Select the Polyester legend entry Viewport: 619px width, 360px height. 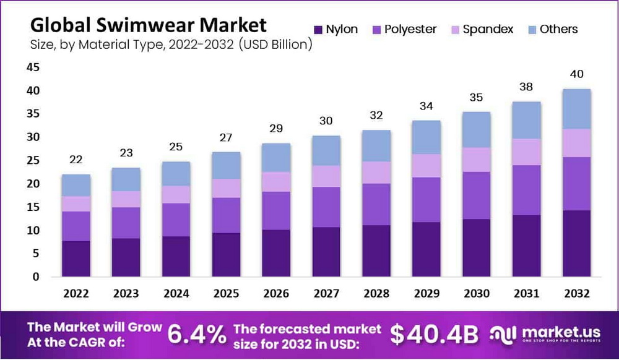405,29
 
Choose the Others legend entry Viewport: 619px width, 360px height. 550,29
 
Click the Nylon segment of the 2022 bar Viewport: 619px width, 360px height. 76,259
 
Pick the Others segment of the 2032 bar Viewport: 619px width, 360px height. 577,109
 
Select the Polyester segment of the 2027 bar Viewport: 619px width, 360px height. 326,207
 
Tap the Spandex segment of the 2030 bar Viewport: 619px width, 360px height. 477,160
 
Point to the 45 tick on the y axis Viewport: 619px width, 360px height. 33,67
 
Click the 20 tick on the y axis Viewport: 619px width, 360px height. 33,184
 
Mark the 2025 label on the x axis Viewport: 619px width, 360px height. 227,293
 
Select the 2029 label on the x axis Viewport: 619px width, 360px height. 426,293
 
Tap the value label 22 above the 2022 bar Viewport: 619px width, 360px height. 76,160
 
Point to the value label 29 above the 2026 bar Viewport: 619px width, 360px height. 276,129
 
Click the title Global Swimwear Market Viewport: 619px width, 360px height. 149,25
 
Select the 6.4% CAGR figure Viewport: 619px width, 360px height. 197,335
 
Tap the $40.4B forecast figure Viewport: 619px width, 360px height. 435,335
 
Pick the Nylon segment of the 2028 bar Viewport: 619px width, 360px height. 376,251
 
